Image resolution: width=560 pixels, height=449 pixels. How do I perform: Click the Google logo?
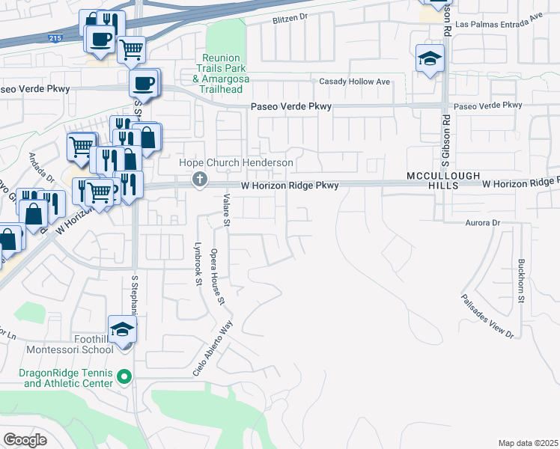click(25, 439)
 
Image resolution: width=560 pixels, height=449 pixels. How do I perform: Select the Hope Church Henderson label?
click(235, 162)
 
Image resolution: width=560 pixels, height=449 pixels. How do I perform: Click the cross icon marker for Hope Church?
click(199, 179)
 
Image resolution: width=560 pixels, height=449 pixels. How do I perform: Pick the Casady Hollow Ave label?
click(355, 81)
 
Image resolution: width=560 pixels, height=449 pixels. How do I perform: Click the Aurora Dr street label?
click(482, 223)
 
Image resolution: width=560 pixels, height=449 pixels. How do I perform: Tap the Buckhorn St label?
click(520, 281)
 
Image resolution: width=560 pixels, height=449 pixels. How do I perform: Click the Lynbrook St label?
click(198, 263)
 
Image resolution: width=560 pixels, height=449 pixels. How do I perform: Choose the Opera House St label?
click(217, 277)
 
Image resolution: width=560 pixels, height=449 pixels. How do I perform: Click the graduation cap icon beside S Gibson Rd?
click(430, 58)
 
